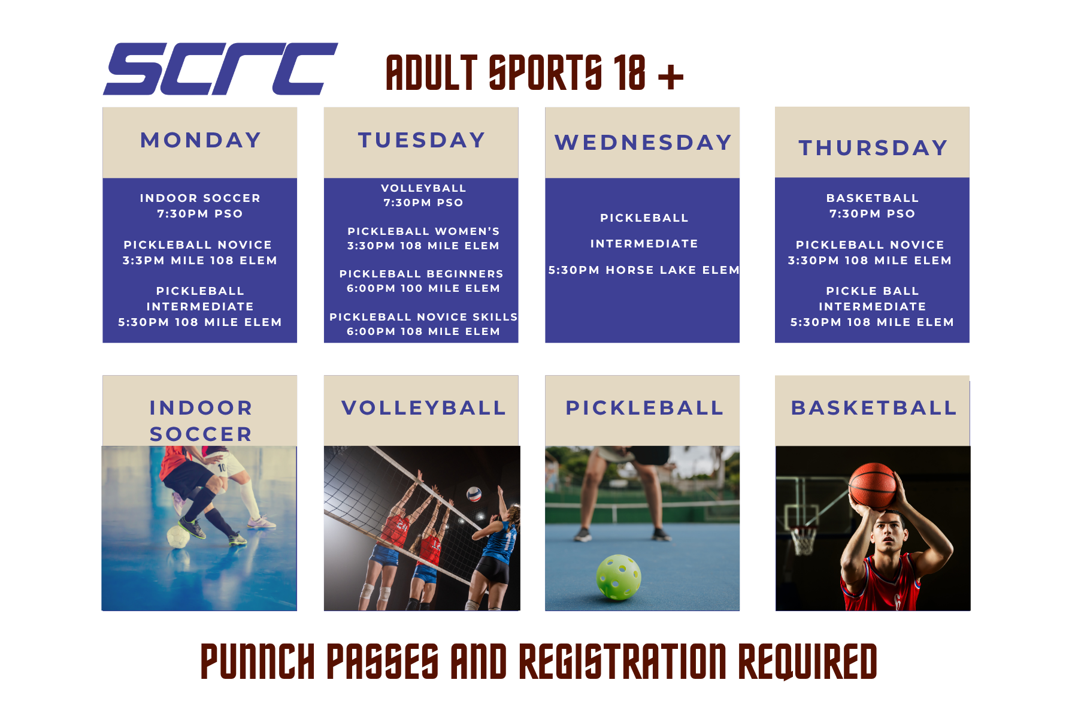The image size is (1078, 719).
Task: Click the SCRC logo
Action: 220,69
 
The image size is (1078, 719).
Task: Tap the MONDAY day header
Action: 201,140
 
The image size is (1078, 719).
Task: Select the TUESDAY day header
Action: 422,140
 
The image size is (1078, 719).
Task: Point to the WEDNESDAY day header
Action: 643,143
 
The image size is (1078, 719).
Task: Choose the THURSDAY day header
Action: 873,148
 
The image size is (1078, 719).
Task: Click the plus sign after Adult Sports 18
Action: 671,76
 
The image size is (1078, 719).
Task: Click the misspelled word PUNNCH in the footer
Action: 258,661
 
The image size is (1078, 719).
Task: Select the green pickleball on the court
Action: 619,577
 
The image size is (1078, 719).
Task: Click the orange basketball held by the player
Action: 873,486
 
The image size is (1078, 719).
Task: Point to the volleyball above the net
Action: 474,494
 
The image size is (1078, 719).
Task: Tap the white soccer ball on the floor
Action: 178,537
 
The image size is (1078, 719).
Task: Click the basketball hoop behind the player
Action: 803,539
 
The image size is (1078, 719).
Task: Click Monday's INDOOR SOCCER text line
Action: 200,198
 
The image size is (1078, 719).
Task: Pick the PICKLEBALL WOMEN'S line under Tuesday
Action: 423,231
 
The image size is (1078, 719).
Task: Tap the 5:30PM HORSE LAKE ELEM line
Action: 644,270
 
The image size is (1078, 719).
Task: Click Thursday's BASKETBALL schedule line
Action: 873,198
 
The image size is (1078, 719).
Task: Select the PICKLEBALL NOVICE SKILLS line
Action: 423,317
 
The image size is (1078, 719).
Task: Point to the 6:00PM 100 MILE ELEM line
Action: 423,288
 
